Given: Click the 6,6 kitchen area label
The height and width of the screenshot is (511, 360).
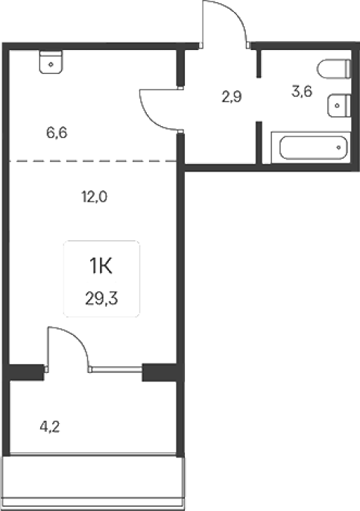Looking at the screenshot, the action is (x=57, y=133).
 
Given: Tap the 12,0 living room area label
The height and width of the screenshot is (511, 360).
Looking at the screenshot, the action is (x=94, y=197).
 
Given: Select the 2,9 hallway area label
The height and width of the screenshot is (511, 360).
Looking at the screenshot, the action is (x=231, y=97).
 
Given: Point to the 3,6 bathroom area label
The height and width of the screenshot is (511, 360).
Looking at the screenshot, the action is (x=302, y=91).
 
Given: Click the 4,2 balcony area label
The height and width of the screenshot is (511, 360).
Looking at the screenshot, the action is (x=50, y=427).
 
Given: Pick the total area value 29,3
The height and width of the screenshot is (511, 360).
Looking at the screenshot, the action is (x=101, y=298).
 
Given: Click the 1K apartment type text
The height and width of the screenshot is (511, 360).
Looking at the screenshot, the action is (x=101, y=266).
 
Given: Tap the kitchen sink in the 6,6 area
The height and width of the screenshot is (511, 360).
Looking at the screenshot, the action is (x=51, y=62).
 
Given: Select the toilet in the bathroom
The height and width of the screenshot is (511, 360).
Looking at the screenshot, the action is (x=334, y=69).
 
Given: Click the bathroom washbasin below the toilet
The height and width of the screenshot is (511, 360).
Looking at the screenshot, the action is (x=339, y=106).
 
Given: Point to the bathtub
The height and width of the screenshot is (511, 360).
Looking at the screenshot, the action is (x=311, y=148).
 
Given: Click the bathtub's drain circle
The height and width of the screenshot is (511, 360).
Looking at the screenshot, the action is (x=338, y=148).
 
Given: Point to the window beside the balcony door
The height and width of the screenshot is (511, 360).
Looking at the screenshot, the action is (x=116, y=369).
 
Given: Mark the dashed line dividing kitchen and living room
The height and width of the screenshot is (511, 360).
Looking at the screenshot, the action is (x=92, y=161).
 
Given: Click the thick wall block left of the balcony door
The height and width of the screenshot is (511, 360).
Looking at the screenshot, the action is (x=25, y=372).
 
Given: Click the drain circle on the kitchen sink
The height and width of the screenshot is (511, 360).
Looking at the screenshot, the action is (x=51, y=64).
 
